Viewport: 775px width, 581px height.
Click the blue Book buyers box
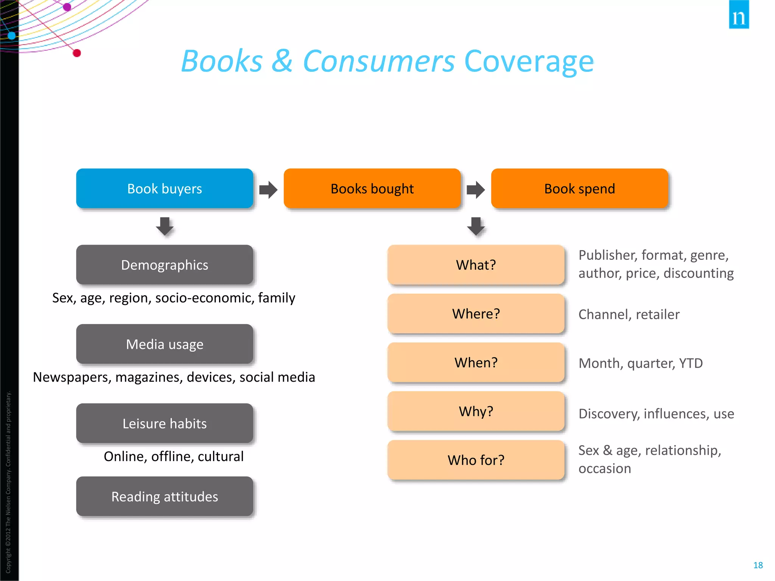pyautogui.click(x=165, y=188)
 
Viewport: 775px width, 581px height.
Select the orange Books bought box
pyautogui.click(x=372, y=188)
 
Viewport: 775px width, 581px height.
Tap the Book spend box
pyautogui.click(x=579, y=188)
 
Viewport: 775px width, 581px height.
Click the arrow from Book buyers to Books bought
pyautogui.click(x=268, y=190)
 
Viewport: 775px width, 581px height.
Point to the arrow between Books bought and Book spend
pyautogui.click(x=476, y=190)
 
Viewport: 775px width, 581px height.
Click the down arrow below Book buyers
pyautogui.click(x=165, y=226)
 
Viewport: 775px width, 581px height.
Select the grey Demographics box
pyautogui.click(x=165, y=265)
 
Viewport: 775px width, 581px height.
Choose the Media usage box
pyautogui.click(x=165, y=344)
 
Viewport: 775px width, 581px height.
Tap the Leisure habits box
pyautogui.click(x=165, y=423)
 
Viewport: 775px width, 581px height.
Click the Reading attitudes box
pyautogui.click(x=165, y=496)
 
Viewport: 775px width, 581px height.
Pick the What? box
pyautogui.click(x=476, y=265)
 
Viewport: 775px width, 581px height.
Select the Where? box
pyautogui.click(x=476, y=314)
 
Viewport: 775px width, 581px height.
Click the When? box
pyautogui.click(x=476, y=362)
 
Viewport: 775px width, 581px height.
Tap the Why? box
pyautogui.click(x=476, y=411)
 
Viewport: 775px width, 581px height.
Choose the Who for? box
pyautogui.click(x=476, y=460)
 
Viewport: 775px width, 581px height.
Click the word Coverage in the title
pyautogui.click(x=529, y=61)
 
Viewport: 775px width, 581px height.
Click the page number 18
pyautogui.click(x=758, y=565)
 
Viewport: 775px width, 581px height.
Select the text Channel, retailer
pyautogui.click(x=629, y=314)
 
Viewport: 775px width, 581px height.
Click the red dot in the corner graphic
pyautogui.click(x=77, y=53)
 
